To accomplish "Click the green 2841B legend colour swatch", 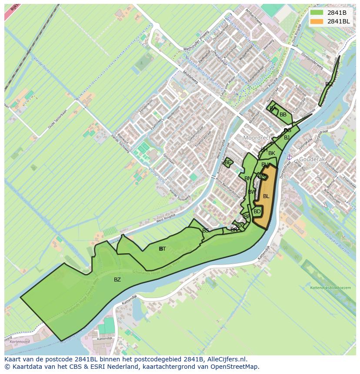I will tap(317, 13).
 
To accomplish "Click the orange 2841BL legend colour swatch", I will tap(317, 21).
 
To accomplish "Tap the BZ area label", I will tap(117, 280).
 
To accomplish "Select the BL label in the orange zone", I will tap(266, 196).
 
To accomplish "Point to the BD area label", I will tap(257, 212).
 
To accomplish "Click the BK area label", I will tap(272, 153).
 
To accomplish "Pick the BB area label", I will tap(283, 115).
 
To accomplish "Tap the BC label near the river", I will tap(329, 84).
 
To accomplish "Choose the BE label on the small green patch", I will tap(227, 162).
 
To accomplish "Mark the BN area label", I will tap(248, 179).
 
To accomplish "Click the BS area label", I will tap(206, 230).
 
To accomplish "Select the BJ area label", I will tap(287, 138).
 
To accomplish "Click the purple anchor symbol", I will tap(289, 157).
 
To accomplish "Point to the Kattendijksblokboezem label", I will tap(330, 288).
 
